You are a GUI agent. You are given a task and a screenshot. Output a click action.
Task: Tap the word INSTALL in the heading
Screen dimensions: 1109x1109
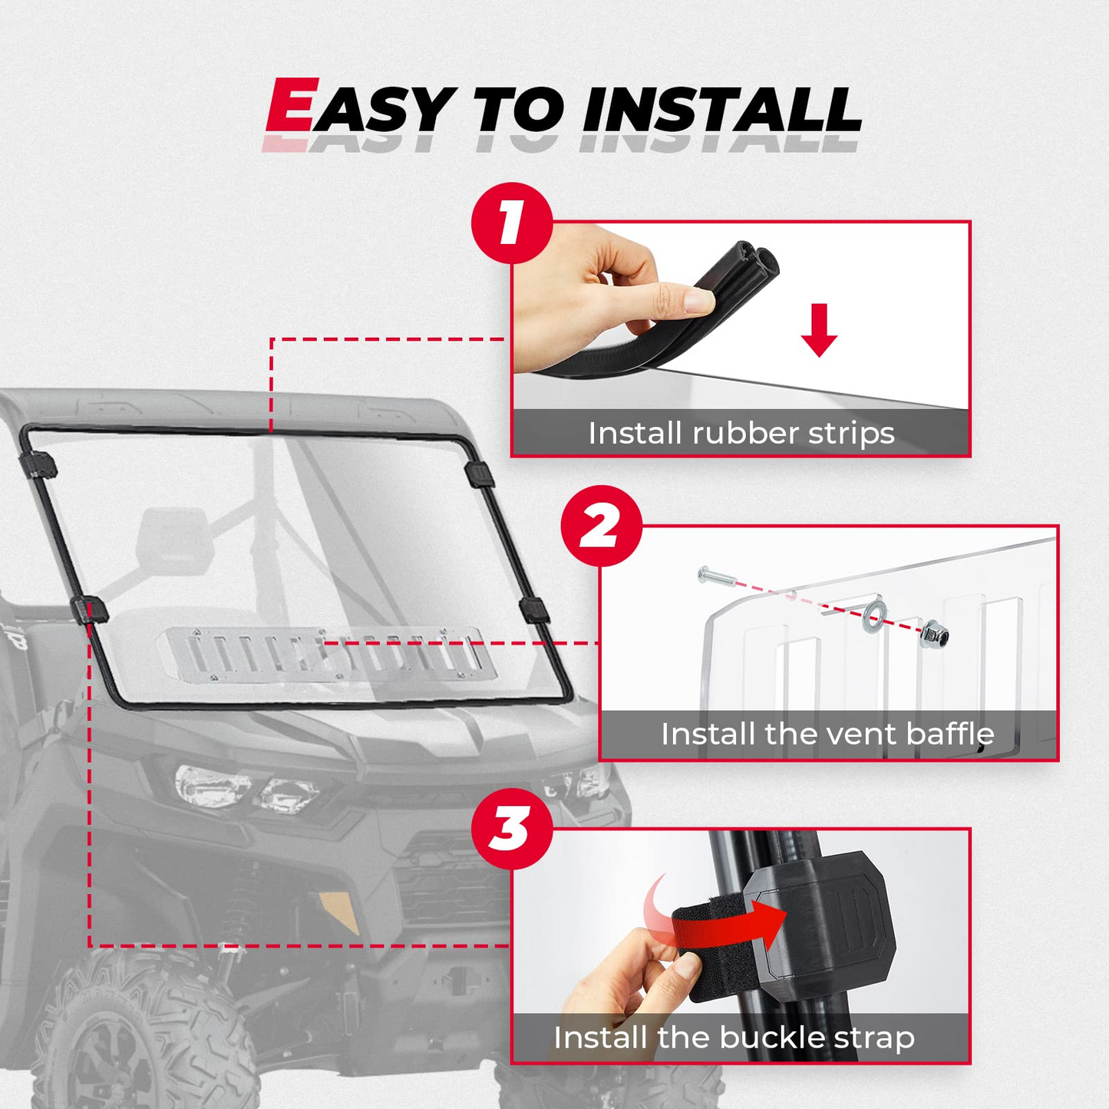pos(721,110)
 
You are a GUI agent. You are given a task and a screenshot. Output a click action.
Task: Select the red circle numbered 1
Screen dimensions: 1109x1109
pos(512,223)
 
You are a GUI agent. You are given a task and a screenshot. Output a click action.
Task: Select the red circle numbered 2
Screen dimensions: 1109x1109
pos(602,526)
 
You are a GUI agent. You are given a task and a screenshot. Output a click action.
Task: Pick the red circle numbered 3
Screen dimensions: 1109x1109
pos(512,829)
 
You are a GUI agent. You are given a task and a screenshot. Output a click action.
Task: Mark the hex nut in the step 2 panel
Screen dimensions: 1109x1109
pos(935,634)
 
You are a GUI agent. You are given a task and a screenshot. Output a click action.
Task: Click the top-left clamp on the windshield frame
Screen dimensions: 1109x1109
pos(38,464)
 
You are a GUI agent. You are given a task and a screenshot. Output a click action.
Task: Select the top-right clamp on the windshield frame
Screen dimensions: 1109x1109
pos(480,474)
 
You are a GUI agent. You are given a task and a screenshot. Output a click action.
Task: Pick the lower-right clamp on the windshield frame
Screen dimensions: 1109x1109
pos(534,610)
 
